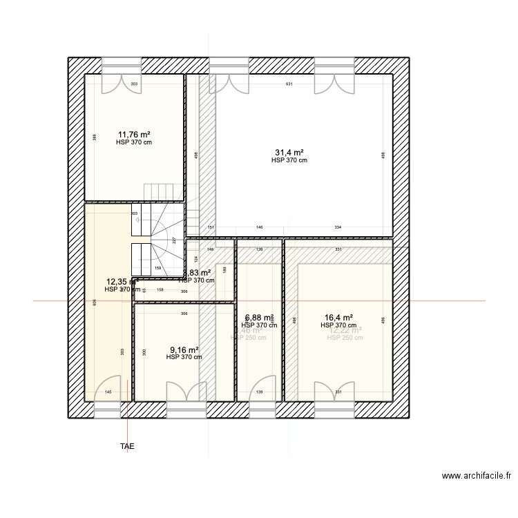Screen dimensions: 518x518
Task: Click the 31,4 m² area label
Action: click(x=289, y=152)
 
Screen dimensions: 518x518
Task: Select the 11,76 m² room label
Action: click(x=134, y=135)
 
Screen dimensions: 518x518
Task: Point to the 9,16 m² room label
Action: click(x=184, y=349)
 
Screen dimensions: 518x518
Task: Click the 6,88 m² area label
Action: click(x=259, y=318)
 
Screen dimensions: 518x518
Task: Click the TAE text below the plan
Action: click(x=127, y=447)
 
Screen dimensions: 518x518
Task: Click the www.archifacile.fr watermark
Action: click(x=478, y=476)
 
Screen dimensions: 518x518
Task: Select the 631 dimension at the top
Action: click(x=289, y=84)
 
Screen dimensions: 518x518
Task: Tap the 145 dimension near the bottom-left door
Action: click(x=108, y=392)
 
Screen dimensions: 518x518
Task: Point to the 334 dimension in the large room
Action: click(x=338, y=227)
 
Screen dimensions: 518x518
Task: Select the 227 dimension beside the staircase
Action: click(x=175, y=240)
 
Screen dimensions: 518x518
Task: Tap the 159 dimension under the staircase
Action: click(x=157, y=269)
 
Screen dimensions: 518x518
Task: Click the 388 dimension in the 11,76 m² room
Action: click(x=95, y=137)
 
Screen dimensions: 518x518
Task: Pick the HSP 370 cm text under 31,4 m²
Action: click(x=289, y=160)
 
